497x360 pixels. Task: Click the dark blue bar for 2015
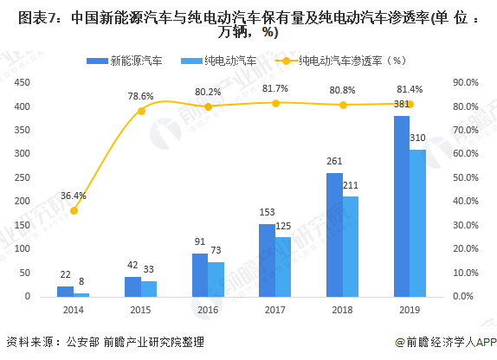click(132, 286)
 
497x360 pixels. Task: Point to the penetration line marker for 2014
click(74, 210)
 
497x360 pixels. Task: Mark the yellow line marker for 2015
click(142, 110)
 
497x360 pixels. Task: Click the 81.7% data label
click(275, 88)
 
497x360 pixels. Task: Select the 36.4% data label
click(74, 196)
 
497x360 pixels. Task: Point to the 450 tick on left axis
click(23, 83)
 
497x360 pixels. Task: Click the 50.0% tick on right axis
click(467, 177)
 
